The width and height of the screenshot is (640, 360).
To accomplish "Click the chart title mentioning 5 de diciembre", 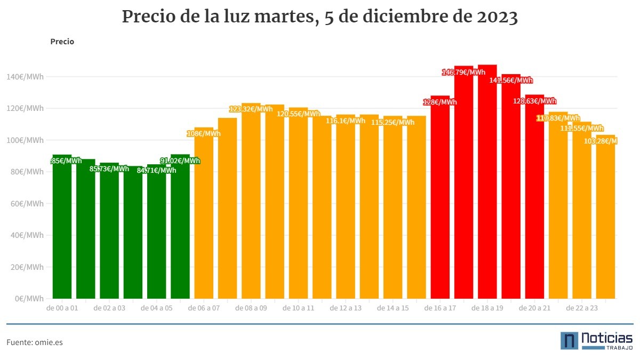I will coord(320,17).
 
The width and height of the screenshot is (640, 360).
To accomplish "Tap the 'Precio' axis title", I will coord(62,42).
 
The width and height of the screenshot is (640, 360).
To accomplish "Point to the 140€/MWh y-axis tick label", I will coord(26,77).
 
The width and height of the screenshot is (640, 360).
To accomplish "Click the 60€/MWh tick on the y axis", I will coord(26,204).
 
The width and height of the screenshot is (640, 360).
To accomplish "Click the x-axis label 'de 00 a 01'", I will coord(62,308).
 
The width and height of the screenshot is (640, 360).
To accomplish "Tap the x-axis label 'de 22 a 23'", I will coord(582,308).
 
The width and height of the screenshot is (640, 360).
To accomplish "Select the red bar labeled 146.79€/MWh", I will coord(463,187).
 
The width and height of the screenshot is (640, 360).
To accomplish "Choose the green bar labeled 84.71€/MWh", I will coord(157,235).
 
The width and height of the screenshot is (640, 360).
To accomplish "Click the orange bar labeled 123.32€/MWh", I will coord(251,203).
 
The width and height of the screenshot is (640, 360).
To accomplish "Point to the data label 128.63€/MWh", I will coord(534,101).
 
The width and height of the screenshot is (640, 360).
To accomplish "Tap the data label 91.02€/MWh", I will coord(180,161).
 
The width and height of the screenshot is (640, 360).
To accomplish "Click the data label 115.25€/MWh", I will coord(393,122).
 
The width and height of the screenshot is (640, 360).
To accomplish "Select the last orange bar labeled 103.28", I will coord(605,219).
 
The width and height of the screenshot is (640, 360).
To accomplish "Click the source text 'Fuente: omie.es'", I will coord(35,342).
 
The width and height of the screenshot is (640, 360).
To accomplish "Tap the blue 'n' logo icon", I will coord(569,341).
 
